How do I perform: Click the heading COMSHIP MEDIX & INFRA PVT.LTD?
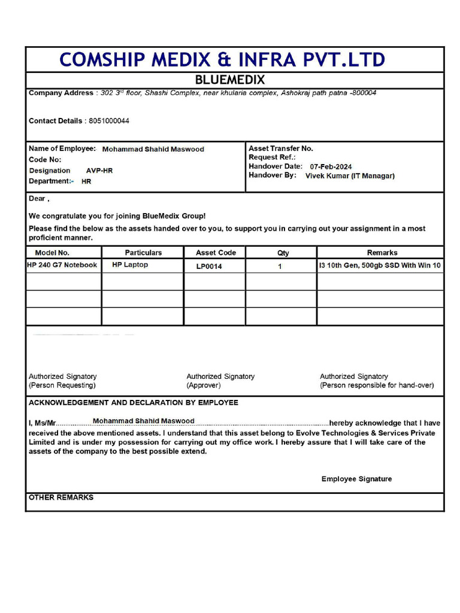[222, 60]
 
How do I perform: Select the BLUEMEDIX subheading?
[230, 80]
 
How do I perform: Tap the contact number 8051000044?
[109, 121]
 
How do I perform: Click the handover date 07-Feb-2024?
[331, 166]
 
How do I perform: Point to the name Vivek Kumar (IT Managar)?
[350, 176]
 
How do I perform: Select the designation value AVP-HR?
[99, 171]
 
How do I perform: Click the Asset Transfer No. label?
[281, 148]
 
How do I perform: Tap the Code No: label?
[45, 160]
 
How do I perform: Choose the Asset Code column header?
[216, 253]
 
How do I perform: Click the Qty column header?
[283, 253]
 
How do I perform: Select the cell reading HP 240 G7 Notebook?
[62, 265]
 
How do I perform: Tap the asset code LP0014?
[209, 266]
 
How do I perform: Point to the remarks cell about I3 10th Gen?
[380, 265]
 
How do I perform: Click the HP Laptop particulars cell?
[130, 265]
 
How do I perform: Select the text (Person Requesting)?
[62, 386]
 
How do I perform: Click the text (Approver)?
[204, 386]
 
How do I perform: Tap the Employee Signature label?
[356, 479]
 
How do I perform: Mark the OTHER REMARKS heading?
[61, 497]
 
